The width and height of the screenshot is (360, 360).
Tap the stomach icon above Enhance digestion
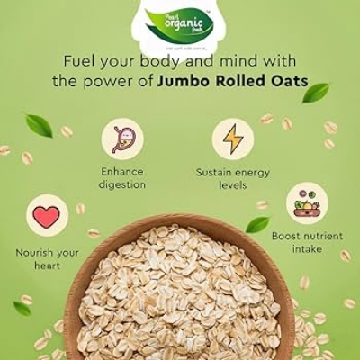point(122,139)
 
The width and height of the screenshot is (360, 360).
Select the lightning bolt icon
point(232,139)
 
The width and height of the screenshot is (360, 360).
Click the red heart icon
point(47,216)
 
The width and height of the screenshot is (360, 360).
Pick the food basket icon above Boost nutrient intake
point(307,203)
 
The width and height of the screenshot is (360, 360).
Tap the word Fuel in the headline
point(79,61)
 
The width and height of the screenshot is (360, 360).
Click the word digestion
point(123,184)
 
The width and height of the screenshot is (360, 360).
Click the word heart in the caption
point(48,265)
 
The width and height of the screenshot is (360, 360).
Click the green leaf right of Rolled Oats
point(316,92)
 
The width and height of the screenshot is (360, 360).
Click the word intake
point(307,249)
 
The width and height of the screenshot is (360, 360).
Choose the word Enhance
point(123,171)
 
